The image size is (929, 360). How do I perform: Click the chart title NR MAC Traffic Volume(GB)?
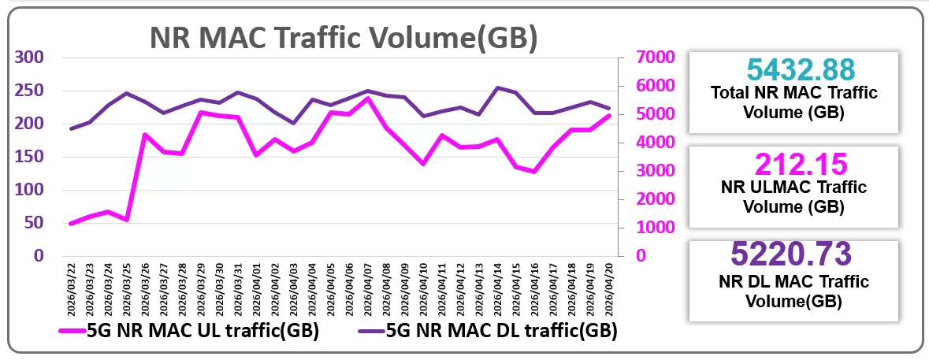pyautogui.click(x=344, y=38)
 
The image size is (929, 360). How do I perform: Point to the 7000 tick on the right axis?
pyautogui.click(x=638, y=58)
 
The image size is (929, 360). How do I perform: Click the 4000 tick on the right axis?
pyautogui.click(x=638, y=143)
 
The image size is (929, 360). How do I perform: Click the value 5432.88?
pyautogui.click(x=794, y=69)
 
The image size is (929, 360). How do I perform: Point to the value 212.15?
pyautogui.click(x=794, y=165)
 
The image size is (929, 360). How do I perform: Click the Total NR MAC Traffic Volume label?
pyautogui.click(x=794, y=102)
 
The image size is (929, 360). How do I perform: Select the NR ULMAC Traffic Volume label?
pyautogui.click(x=794, y=198)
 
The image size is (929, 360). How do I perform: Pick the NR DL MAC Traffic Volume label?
pyautogui.click(x=794, y=291)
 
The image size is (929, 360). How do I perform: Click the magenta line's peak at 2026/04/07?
pyautogui.click(x=368, y=98)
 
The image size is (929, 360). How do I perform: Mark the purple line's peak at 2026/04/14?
pyautogui.click(x=498, y=87)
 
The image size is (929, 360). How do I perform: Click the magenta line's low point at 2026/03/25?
pyautogui.click(x=127, y=220)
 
